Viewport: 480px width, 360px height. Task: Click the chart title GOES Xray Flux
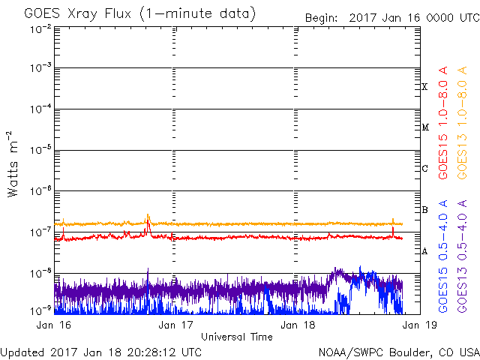[77, 14]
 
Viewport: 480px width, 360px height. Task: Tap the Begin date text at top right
[392, 18]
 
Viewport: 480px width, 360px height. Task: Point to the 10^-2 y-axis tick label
[40, 29]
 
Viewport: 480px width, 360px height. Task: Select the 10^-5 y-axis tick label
[40, 150]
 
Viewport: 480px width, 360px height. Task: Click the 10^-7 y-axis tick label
[40, 232]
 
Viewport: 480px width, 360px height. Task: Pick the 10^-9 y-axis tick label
[40, 310]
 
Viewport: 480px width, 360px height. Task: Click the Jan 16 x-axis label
[53, 325]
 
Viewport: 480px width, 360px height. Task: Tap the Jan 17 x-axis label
[175, 325]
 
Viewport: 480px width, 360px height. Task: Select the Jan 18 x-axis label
[298, 325]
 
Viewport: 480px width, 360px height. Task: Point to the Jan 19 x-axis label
[419, 325]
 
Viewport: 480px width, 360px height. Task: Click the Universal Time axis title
[237, 337]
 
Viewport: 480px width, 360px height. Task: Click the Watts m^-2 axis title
[12, 164]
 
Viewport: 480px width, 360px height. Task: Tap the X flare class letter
[424, 87]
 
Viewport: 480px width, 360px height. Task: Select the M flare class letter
[425, 127]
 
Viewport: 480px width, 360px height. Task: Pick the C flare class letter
[424, 168]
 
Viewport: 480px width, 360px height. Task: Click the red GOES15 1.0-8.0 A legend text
[443, 123]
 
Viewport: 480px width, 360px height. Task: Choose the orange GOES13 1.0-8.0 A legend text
[462, 123]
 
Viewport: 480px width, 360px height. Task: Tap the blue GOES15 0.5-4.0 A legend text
[443, 256]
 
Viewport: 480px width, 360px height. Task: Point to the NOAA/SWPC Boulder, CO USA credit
[399, 352]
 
